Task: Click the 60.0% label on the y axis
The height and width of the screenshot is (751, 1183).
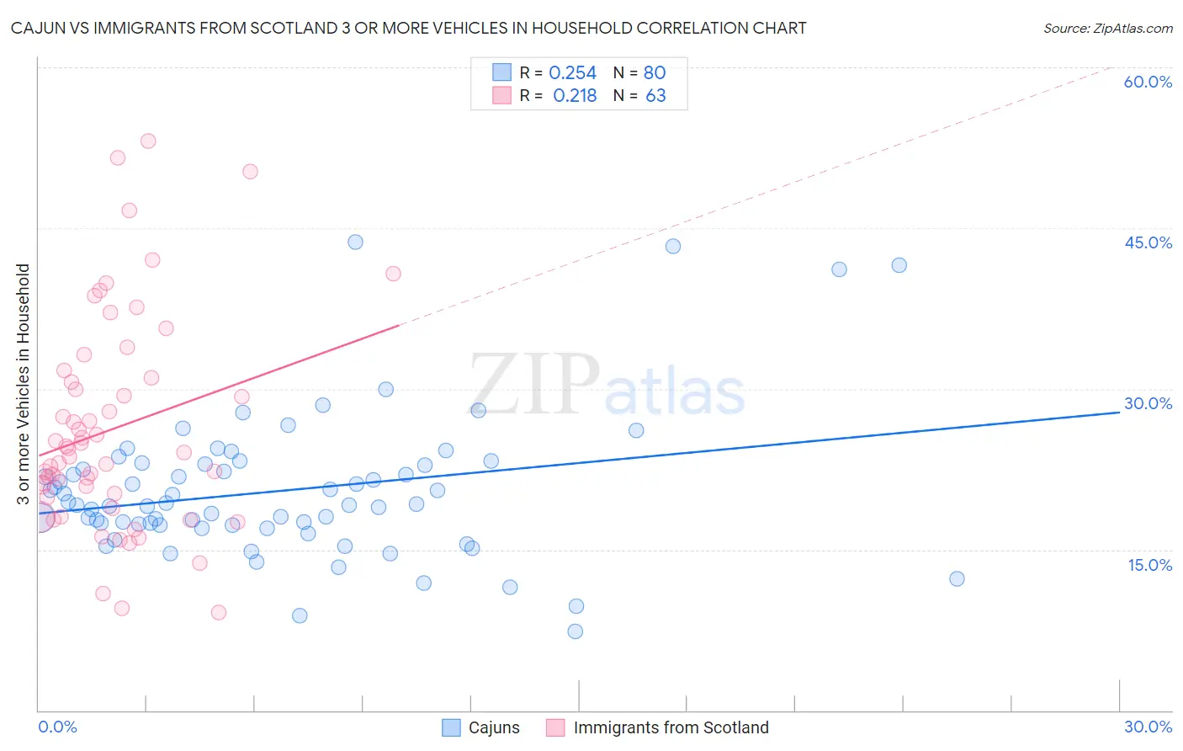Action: pos(1148,82)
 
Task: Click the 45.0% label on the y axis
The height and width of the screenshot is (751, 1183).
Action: pos(1148,242)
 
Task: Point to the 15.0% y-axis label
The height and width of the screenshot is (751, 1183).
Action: pos(1149,565)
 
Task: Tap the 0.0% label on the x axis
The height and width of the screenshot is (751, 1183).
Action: pos(57,727)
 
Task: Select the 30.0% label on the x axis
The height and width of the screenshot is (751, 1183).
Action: pos(1148,727)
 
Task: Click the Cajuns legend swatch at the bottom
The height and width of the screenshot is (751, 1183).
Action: pos(452,727)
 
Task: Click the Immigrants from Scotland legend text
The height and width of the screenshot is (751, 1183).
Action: pos(671,727)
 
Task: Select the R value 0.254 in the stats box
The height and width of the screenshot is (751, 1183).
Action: pos(572,72)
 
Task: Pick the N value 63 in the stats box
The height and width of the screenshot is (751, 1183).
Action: pos(655,96)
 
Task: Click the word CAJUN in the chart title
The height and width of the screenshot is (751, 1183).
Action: pos(36,28)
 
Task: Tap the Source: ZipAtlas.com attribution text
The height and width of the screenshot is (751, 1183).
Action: pos(1107,28)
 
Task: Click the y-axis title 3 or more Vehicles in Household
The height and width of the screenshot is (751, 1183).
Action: pos(23,384)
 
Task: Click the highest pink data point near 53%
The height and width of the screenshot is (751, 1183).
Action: pos(148,141)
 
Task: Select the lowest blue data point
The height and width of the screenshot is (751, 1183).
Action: pos(576,631)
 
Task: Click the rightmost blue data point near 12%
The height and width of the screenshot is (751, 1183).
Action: pos(957,578)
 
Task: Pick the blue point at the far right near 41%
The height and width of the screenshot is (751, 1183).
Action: pos(899,265)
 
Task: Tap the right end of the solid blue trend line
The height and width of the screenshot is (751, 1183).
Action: pos(1120,413)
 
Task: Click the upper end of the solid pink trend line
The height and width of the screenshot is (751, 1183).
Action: pos(398,325)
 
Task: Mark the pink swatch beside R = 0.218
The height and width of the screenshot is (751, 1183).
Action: pos(501,95)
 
